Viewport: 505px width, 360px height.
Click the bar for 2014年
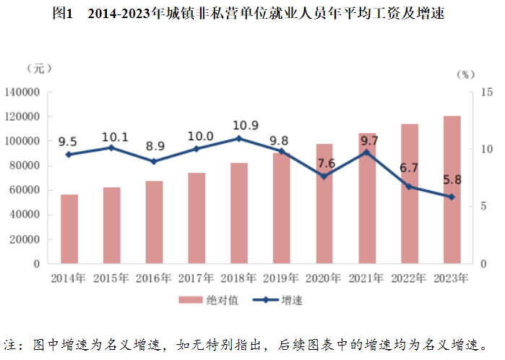point(69,229)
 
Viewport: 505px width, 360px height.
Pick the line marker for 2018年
point(240,138)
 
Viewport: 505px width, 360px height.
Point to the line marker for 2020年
point(324,176)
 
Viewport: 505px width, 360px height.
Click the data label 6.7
point(410,168)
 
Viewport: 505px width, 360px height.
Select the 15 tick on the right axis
point(486,92)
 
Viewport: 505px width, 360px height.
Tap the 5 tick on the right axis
point(483,206)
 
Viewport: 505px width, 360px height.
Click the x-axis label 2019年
point(282,278)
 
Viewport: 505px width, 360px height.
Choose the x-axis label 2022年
point(410,278)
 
